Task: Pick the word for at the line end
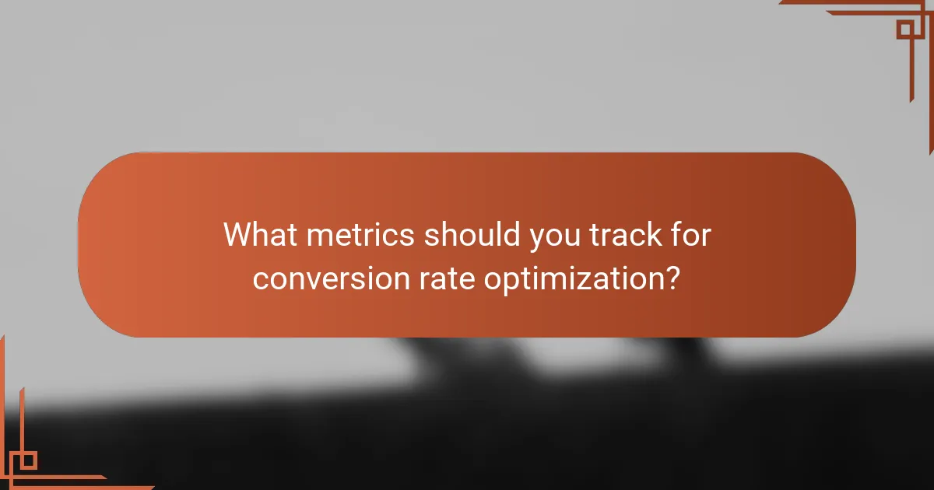691,235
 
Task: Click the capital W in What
239,235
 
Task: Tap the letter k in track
652,235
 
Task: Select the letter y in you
535,239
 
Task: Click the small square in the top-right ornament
905,30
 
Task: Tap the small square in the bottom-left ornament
28,460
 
